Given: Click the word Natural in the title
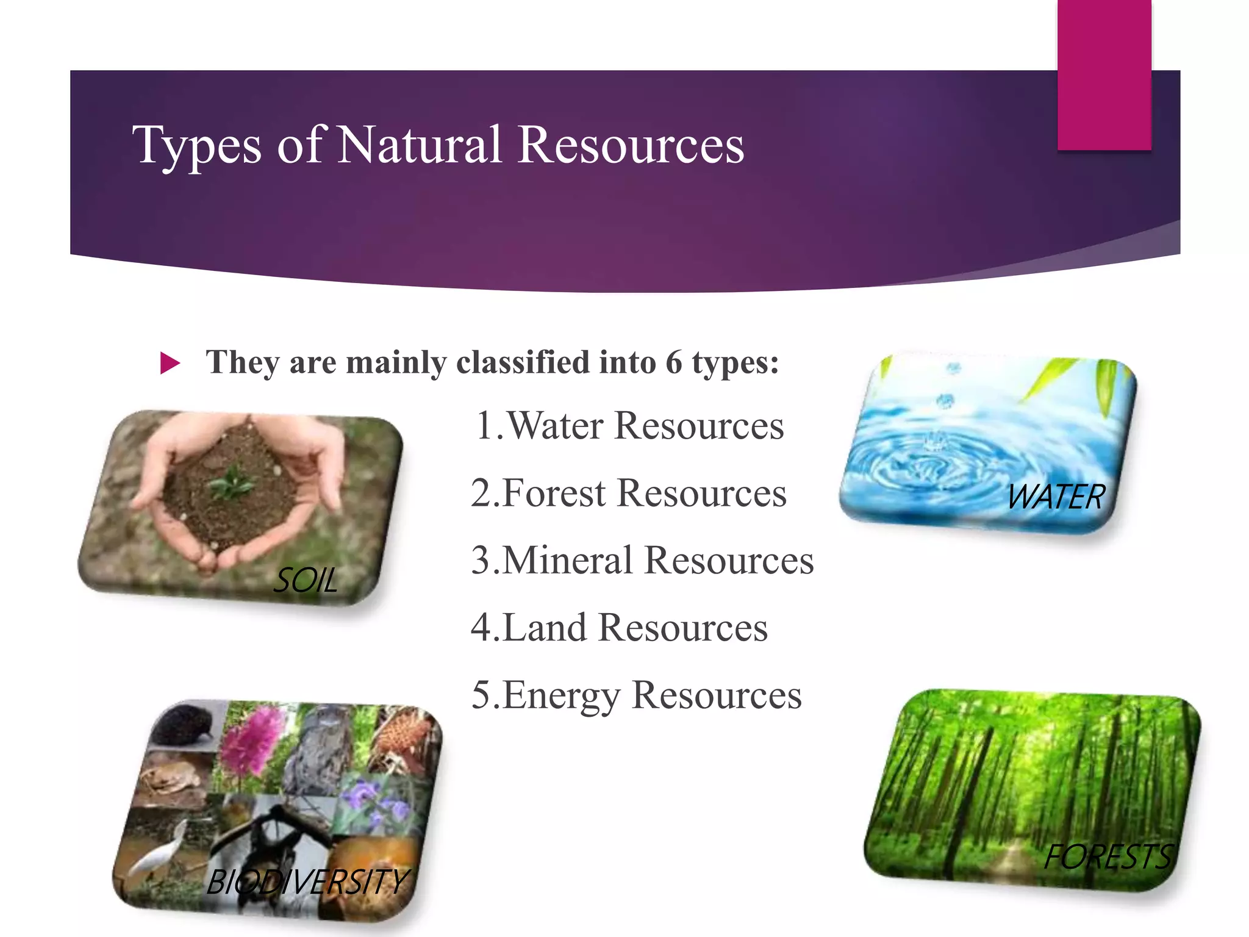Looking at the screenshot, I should [420, 145].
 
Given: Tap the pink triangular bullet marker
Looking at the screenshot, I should [170, 363].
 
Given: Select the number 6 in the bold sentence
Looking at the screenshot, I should [673, 362].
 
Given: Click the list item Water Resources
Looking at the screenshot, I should [629, 425].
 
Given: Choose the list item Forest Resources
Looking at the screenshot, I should [628, 493].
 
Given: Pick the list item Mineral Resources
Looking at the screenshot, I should [642, 560].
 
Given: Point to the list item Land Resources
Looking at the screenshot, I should [619, 627].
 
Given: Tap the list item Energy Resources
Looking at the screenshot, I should [636, 695].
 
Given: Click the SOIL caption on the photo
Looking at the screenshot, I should [305, 580].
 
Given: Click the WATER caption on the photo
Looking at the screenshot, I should [1056, 497].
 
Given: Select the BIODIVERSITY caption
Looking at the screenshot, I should [307, 882].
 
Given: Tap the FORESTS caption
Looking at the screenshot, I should [1107, 856].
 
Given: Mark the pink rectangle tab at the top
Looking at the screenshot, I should [1104, 73].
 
